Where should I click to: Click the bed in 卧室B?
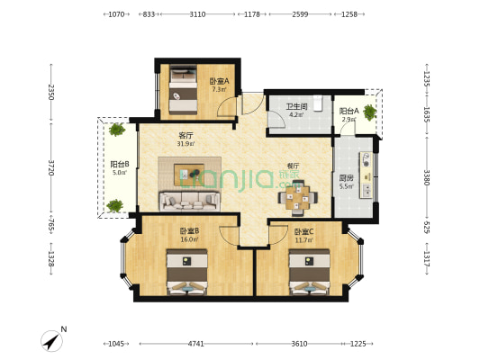tap(187, 273)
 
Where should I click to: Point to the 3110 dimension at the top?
tap(197, 14)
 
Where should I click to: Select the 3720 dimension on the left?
tap(51, 167)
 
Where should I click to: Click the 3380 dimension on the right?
tap(426, 177)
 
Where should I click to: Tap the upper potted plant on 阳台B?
tap(116, 130)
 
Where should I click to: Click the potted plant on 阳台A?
tap(368, 112)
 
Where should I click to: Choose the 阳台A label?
tap(349, 114)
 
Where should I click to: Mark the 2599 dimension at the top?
tap(300, 14)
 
